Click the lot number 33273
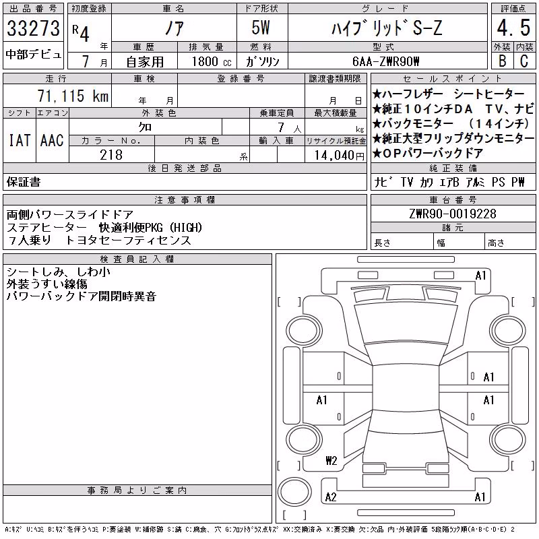(x=33, y=28)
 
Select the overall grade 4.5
(x=513, y=28)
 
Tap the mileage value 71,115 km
(x=73, y=96)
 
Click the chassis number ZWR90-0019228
(x=453, y=214)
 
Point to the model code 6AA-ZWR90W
(x=385, y=61)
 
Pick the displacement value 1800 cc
(x=212, y=61)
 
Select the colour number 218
(x=111, y=155)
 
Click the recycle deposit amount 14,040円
(x=340, y=156)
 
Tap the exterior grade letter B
(x=503, y=61)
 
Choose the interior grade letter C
(x=524, y=61)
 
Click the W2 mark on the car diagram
(x=331, y=460)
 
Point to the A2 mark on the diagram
(x=331, y=497)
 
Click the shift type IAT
(x=20, y=140)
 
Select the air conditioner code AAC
(x=52, y=140)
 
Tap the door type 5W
(x=261, y=28)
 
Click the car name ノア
(x=175, y=28)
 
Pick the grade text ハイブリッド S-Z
(x=386, y=28)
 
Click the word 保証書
(x=24, y=182)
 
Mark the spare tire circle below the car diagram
(x=294, y=491)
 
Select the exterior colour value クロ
(x=145, y=127)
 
